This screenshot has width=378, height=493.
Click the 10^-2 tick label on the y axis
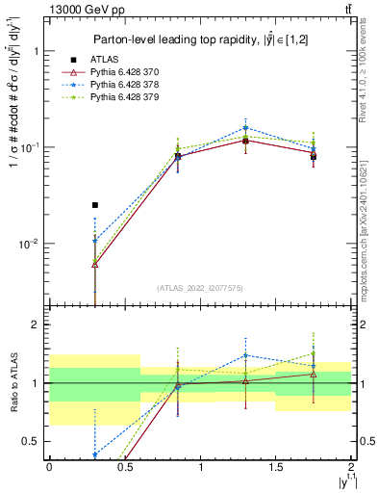point(32,244)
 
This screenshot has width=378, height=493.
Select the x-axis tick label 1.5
point(275,467)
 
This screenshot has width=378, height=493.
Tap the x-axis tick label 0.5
point(124,467)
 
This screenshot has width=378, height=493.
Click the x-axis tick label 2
point(351,467)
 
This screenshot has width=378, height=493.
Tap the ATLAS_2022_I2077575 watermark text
point(200,287)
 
